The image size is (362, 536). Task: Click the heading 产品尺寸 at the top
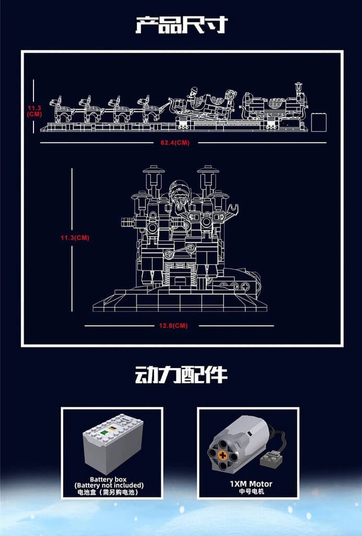click(x=181, y=25)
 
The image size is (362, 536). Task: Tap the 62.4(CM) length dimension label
click(x=171, y=142)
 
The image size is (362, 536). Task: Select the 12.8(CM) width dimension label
click(x=173, y=326)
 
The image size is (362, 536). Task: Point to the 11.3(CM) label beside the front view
click(x=75, y=238)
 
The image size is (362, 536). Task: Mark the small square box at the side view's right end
click(x=318, y=122)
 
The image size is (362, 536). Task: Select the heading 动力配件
click(x=181, y=375)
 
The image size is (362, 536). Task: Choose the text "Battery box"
click(x=108, y=479)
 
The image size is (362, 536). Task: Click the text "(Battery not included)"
click(x=109, y=485)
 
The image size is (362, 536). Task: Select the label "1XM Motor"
click(x=250, y=484)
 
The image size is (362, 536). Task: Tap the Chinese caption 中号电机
click(x=250, y=492)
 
